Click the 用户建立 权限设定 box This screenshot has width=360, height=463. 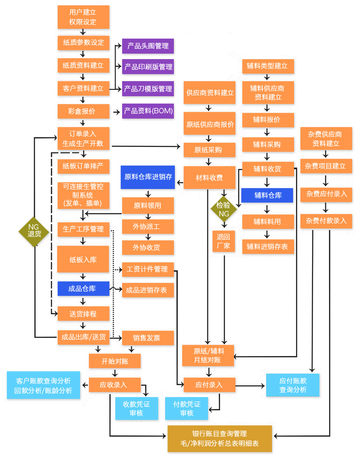(x=83, y=17)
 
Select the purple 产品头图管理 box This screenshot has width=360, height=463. (x=148, y=46)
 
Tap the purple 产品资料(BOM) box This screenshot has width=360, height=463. (x=148, y=111)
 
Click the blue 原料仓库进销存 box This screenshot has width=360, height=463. (x=148, y=177)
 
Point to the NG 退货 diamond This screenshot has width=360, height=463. (x=34, y=231)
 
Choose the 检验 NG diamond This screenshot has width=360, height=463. (x=224, y=209)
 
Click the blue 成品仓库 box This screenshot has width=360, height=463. (x=83, y=289)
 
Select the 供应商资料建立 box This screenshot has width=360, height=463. (x=209, y=93)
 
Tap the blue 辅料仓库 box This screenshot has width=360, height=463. (x=267, y=195)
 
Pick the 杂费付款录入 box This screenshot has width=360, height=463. (x=326, y=221)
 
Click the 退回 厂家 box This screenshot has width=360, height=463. (x=223, y=241)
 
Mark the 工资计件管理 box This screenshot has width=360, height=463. (x=147, y=269)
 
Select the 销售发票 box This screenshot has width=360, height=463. (x=147, y=337)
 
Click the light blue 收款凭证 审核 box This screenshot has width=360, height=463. (x=136, y=409)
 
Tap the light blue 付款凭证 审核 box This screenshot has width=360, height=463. (x=187, y=409)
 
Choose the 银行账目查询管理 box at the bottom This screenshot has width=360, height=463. (x=219, y=439)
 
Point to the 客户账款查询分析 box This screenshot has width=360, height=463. (x=43, y=385)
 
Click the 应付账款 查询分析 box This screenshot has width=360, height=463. (x=293, y=385)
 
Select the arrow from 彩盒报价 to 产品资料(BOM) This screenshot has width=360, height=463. (x=116, y=112)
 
